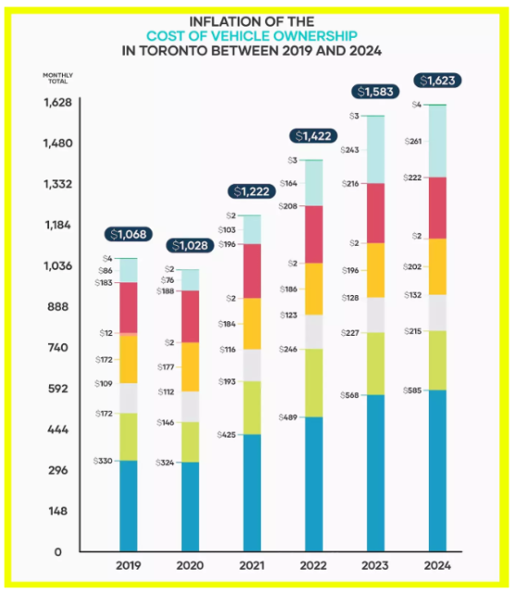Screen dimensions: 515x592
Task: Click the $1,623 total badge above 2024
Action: pyautogui.click(x=437, y=80)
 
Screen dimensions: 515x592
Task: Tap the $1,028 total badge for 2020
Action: pyautogui.click(x=190, y=246)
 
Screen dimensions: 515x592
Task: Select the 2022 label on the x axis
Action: pyautogui.click(x=313, y=565)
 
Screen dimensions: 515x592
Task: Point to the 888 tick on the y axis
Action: pyautogui.click(x=57, y=306)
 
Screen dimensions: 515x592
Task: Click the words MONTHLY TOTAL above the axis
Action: pyautogui.click(x=57, y=78)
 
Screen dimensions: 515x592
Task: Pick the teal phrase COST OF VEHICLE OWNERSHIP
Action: pyautogui.click(x=251, y=36)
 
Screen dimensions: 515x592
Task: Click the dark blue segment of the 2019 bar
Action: pyautogui.click(x=129, y=506)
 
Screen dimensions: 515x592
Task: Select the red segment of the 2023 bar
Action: pyautogui.click(x=375, y=214)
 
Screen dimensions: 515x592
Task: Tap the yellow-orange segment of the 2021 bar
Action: pyautogui.click(x=252, y=324)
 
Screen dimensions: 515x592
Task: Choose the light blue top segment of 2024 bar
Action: pyautogui.click(x=437, y=142)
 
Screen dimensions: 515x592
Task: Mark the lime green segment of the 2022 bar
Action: pyautogui.click(x=314, y=383)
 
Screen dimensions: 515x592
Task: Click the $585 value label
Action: pyautogui.click(x=412, y=390)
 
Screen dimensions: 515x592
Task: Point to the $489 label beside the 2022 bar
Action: pyautogui.click(x=288, y=417)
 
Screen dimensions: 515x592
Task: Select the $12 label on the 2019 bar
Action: pyautogui.click(x=106, y=333)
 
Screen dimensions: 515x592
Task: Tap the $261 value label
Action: pyautogui.click(x=412, y=142)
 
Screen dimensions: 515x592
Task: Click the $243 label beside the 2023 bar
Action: pyautogui.click(x=349, y=150)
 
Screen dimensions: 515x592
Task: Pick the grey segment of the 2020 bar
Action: pyautogui.click(x=190, y=407)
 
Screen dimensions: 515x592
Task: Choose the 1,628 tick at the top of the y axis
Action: pyautogui.click(x=57, y=103)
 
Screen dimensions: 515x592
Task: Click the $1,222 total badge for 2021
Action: pyautogui.click(x=251, y=191)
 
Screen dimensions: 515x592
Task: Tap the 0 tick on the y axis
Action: pyautogui.click(x=57, y=552)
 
